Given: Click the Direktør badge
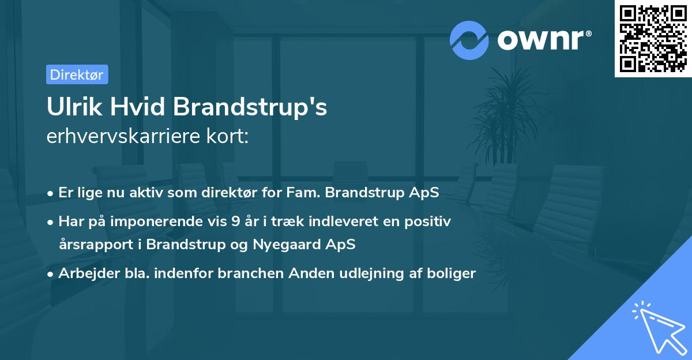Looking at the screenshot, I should click(77, 74).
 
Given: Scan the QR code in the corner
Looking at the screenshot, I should click(653, 39).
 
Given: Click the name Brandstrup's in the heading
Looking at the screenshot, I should click(250, 108).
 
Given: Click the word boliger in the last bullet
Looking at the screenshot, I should click(454, 273).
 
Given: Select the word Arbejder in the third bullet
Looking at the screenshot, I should click(84, 273).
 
